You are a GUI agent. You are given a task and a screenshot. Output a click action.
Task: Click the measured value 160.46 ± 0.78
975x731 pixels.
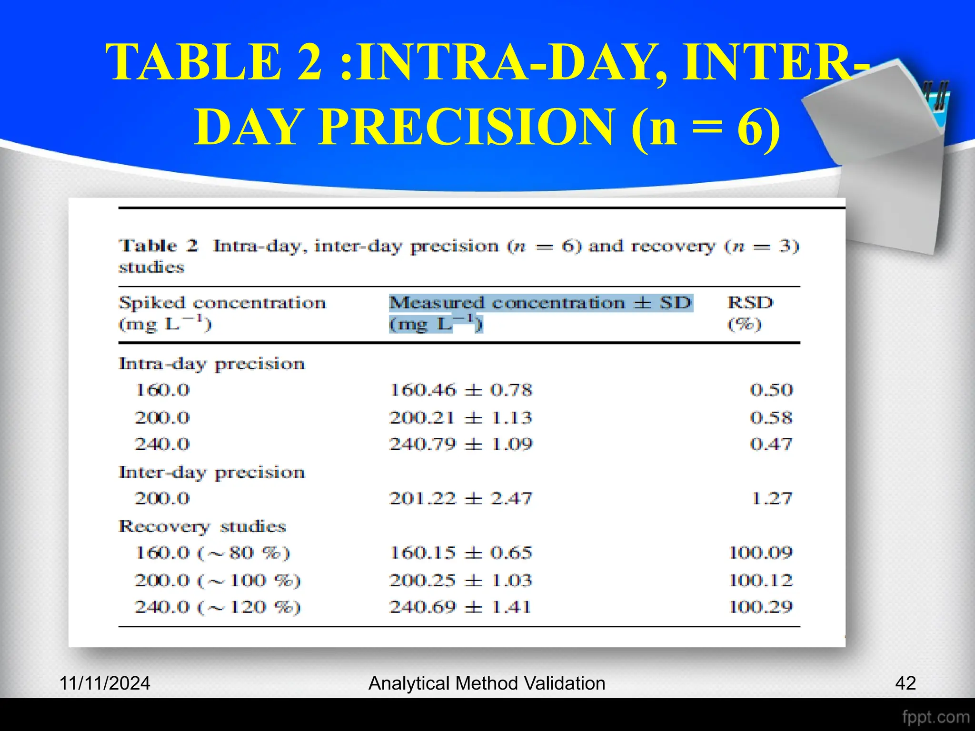point(460,390)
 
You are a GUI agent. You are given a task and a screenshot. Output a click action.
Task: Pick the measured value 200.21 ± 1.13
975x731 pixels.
point(460,418)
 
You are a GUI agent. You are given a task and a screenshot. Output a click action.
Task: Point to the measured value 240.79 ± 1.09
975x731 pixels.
point(460,445)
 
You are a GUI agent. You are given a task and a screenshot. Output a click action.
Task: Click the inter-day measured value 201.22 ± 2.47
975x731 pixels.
point(460,499)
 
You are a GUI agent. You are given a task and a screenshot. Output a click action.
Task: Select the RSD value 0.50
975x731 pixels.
point(771,390)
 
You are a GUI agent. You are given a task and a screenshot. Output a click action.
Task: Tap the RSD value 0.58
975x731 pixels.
point(771,418)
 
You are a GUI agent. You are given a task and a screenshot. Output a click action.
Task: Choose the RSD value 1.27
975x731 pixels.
point(772,499)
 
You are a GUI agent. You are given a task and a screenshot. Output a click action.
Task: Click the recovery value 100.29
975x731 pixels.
point(761,607)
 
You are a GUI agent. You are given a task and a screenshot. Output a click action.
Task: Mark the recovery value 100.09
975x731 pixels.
point(761,553)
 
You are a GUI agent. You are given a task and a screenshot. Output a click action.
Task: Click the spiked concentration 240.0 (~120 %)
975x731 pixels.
point(218,607)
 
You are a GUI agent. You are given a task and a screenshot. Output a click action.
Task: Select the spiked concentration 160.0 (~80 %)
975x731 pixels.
point(212,553)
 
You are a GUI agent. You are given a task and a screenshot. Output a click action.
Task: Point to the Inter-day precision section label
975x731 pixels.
point(211,473)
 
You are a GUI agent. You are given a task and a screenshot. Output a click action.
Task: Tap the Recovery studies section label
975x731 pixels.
point(202,526)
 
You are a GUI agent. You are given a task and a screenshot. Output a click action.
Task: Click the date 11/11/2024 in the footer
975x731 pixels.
point(105,683)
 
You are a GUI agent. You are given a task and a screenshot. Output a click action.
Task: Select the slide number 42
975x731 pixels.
point(905,683)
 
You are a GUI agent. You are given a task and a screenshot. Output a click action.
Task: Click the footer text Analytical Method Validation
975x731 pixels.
point(487,683)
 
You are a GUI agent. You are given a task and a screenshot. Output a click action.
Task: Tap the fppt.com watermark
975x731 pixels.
point(935,717)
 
